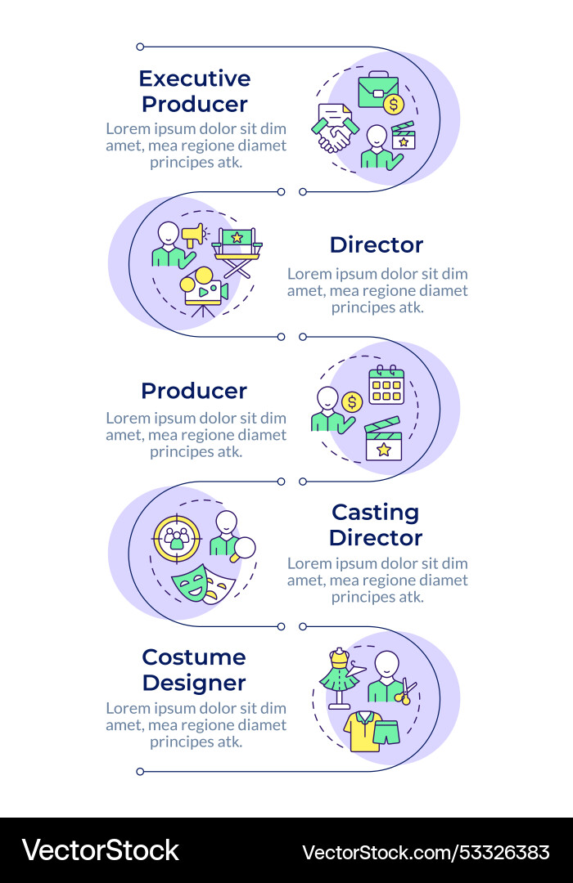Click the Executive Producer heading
pos(194,91)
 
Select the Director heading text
pos(377,244)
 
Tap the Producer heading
pos(194,391)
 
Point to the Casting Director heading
pos(376,525)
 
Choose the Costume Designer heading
pos(194,670)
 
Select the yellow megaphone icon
pos(193,236)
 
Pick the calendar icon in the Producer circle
pos(386,384)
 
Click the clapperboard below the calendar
pos(383,440)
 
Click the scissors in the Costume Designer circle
pos(406,691)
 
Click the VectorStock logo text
pos(100,851)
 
